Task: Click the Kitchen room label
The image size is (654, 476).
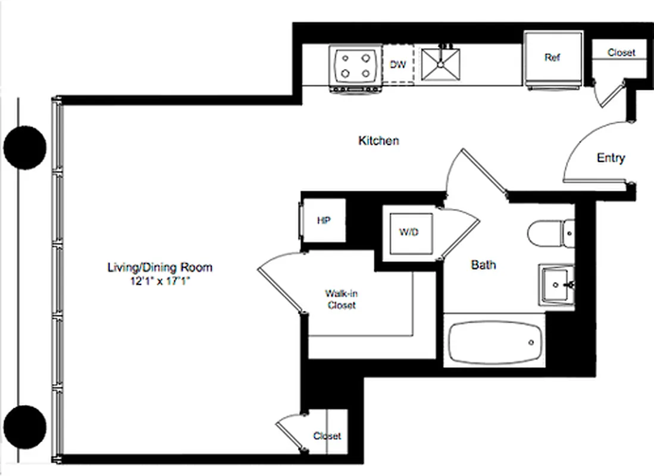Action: click(x=378, y=141)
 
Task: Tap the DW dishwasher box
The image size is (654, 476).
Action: click(x=398, y=64)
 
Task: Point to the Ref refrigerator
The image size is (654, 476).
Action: click(x=553, y=58)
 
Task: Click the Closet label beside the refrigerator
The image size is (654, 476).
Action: click(x=621, y=53)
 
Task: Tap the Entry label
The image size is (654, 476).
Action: click(x=611, y=158)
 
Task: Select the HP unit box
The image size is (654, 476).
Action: click(x=323, y=221)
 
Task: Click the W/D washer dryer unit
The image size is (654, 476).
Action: click(x=409, y=232)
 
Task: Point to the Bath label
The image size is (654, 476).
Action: click(x=483, y=265)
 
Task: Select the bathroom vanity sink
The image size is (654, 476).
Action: click(x=557, y=285)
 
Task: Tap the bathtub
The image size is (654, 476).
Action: click(x=493, y=342)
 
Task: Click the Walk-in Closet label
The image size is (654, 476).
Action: click(x=341, y=299)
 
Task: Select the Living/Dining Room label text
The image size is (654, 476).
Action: click(x=159, y=268)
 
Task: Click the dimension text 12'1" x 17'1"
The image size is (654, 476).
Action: click(x=159, y=281)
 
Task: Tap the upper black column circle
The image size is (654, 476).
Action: click(x=25, y=148)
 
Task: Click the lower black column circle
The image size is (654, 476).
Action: click(x=25, y=426)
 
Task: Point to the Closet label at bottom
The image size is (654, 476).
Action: click(x=327, y=436)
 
